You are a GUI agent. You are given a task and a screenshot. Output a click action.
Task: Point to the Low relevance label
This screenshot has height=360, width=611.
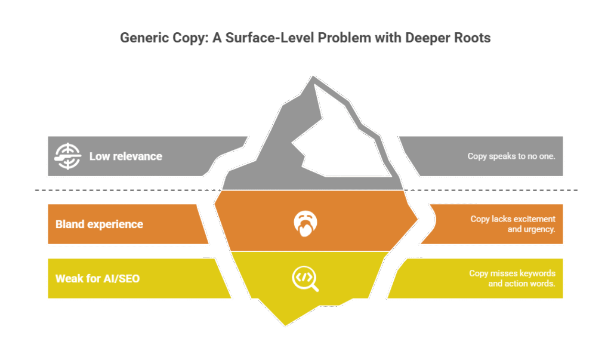coord(125,156)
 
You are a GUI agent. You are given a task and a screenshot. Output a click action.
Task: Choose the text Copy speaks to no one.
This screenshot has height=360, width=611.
coord(511,156)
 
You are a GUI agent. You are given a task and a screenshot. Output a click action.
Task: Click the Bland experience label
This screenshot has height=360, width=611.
coord(99,224)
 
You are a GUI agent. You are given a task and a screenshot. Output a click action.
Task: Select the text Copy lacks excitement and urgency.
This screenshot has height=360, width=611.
coord(513,224)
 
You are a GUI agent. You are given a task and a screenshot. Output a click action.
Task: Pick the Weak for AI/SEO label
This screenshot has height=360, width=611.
coord(97,278)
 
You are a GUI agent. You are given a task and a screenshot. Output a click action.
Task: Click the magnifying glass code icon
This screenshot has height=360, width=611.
coord(304,278)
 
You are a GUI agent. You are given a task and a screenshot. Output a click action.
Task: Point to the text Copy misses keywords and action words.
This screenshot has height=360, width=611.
coord(512,278)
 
